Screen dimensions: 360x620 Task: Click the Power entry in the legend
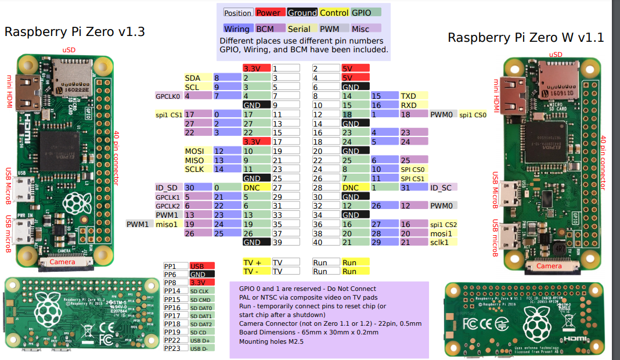[x=268, y=13]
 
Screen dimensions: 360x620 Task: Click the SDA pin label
[x=193, y=78]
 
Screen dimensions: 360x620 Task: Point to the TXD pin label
[x=409, y=96]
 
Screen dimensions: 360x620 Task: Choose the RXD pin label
[x=409, y=105]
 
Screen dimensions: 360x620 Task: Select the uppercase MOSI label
[x=194, y=151]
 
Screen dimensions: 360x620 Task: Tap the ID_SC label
[x=441, y=188]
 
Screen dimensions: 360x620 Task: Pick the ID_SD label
[x=167, y=188]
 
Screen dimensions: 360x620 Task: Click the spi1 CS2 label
[x=444, y=224]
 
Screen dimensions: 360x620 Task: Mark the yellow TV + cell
[x=256, y=262]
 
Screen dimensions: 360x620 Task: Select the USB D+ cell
[x=201, y=340]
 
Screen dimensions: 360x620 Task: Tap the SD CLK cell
[x=201, y=291]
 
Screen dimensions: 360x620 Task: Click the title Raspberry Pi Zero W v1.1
[x=525, y=38]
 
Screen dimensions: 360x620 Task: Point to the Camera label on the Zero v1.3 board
[x=62, y=262]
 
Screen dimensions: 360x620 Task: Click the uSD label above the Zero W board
[x=556, y=55]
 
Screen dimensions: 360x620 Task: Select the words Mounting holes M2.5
[x=271, y=341]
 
